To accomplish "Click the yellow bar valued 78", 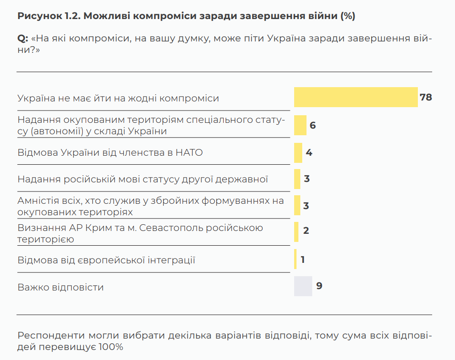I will (x=356, y=97).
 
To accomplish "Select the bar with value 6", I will (x=300, y=125).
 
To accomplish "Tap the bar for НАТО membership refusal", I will (x=298, y=153).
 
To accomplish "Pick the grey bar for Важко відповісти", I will (x=303, y=286).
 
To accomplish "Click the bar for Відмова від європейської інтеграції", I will (x=296, y=260).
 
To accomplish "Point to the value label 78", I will (x=426, y=97).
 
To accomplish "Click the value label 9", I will (x=319, y=286).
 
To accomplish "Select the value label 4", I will (x=309, y=153).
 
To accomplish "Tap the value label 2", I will (x=306, y=230).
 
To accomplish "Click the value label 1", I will (x=303, y=260).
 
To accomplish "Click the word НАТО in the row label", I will (x=189, y=152).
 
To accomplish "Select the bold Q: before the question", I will (x=22, y=38).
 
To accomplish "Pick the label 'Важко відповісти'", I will (x=60, y=287).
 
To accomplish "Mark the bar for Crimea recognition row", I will (x=296, y=230).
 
